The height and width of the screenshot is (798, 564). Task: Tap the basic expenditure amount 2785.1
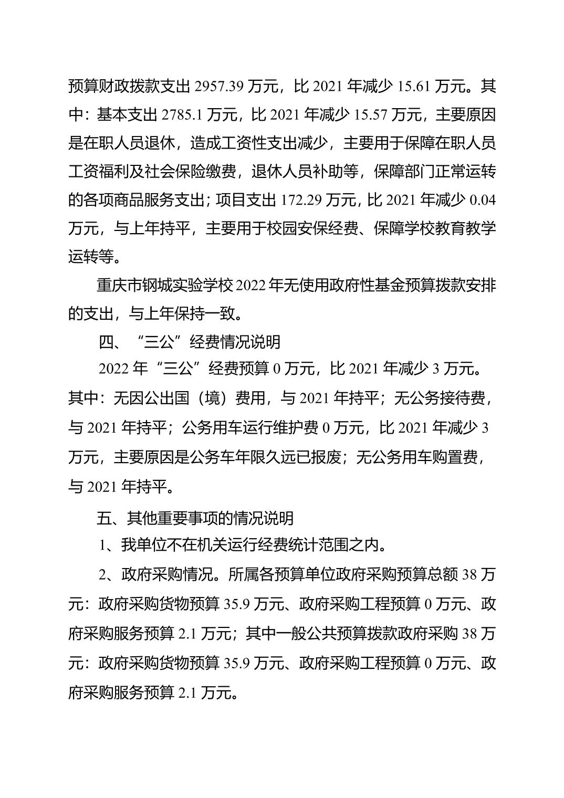pyautogui.click(x=182, y=115)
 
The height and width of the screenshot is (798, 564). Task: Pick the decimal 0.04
pyautogui.click(x=482, y=200)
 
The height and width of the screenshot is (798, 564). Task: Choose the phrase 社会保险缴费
pyautogui.click(x=197, y=172)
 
